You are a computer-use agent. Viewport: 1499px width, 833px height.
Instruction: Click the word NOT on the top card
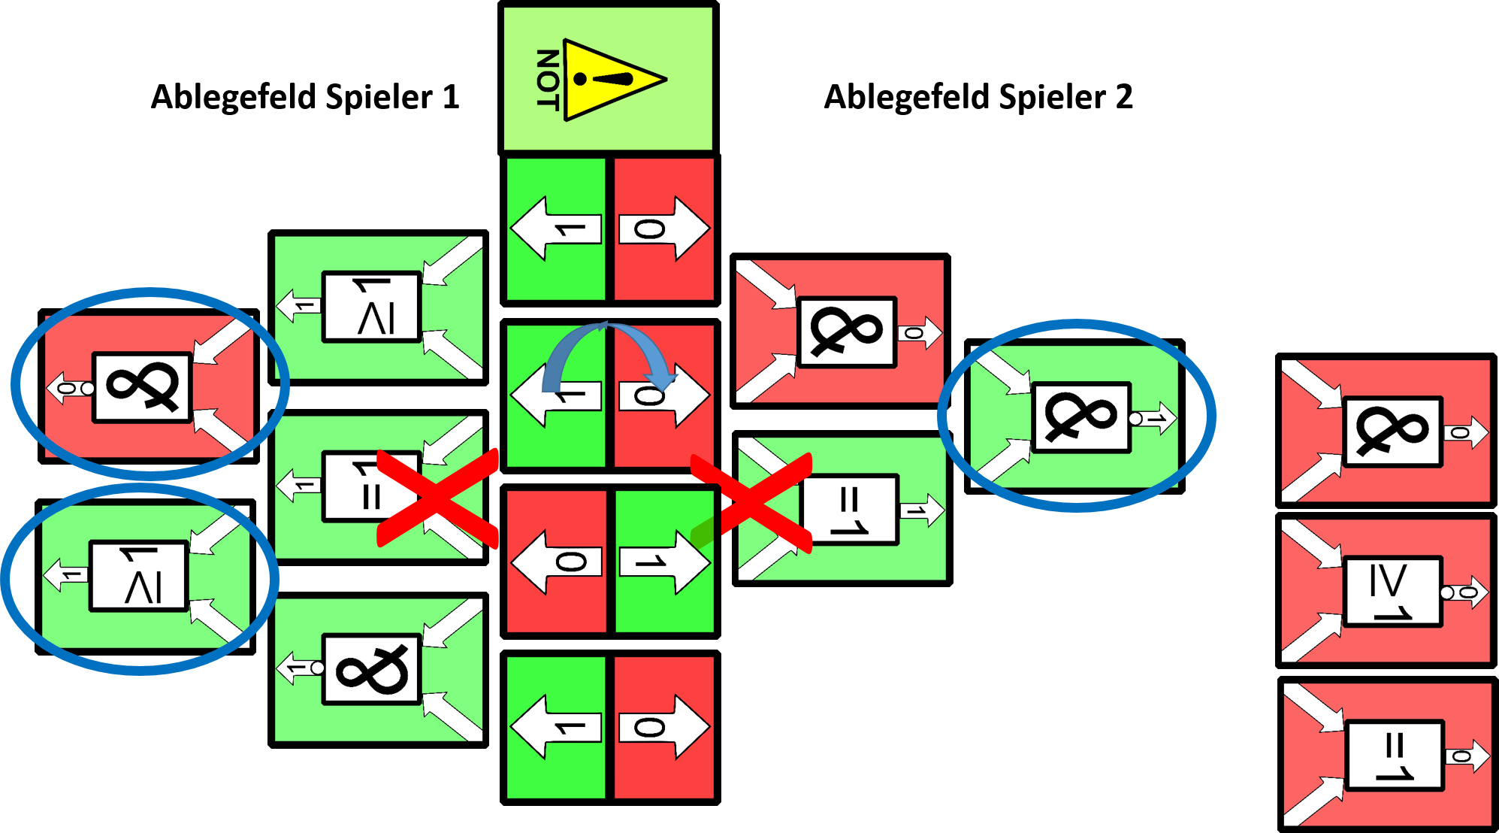pyautogui.click(x=548, y=80)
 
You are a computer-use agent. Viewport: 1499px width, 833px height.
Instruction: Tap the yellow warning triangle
pyautogui.click(x=609, y=80)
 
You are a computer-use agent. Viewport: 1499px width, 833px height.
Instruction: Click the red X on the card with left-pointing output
pyautogui.click(x=437, y=498)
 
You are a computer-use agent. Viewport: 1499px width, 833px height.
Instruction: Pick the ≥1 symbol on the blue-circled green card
pyautogui.click(x=139, y=576)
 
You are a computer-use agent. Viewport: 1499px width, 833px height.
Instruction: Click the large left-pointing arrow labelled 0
pyautogui.click(x=558, y=562)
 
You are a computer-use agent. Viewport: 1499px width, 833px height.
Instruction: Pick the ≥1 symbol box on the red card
pyautogui.click(x=1393, y=591)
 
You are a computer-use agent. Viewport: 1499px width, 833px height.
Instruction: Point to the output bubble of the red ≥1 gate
pyautogui.click(x=1447, y=592)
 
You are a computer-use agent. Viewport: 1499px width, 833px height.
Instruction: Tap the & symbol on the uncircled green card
pyautogui.click(x=371, y=669)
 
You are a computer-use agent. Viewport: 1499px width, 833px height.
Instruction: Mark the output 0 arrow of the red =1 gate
pyautogui.click(x=1467, y=756)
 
